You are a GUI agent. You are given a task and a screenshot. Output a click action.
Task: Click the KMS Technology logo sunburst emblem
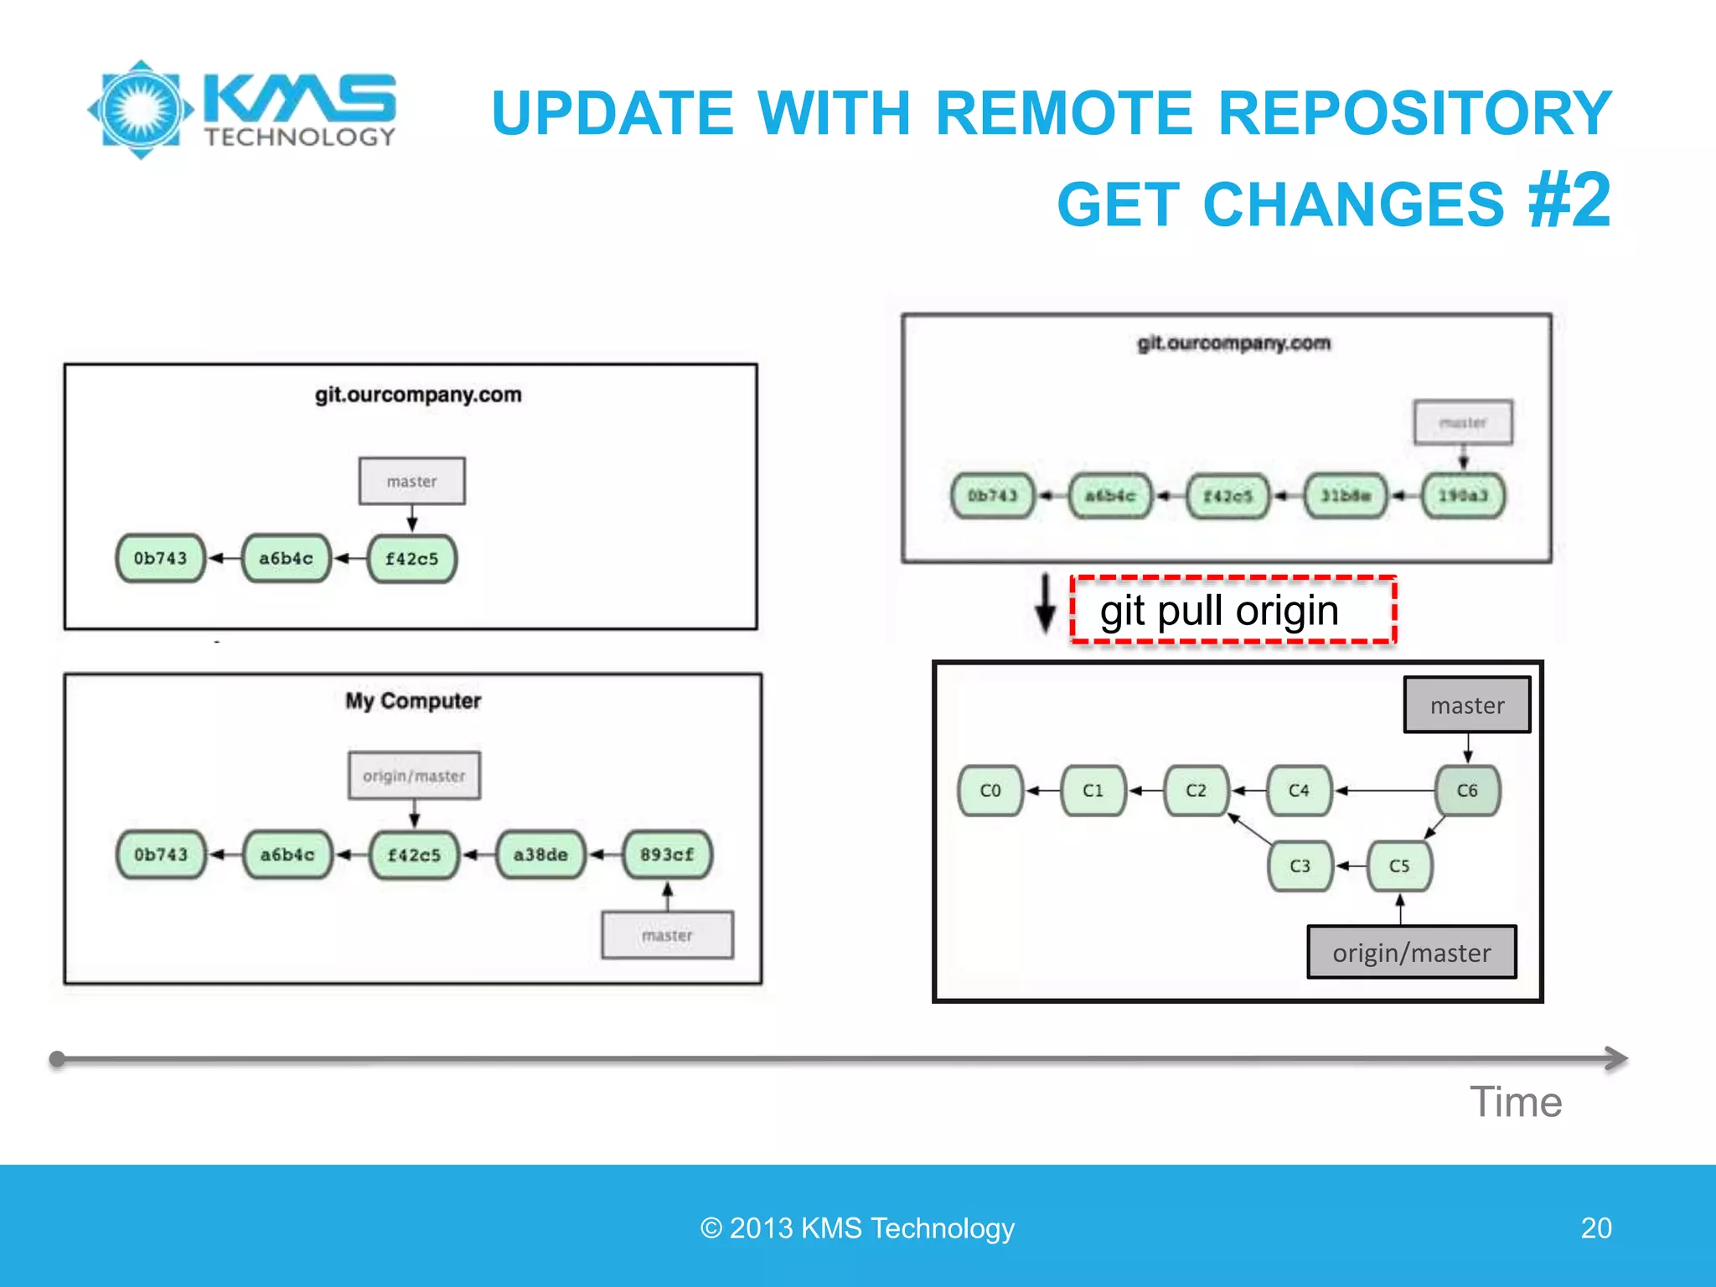[141, 110]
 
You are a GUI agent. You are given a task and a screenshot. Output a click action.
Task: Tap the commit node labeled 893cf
[667, 855]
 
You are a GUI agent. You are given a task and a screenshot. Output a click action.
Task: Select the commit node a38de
[540, 855]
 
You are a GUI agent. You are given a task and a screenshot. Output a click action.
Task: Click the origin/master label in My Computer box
[414, 776]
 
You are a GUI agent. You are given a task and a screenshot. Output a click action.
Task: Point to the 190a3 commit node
[1463, 496]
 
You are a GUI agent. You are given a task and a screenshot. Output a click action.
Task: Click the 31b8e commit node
[1346, 496]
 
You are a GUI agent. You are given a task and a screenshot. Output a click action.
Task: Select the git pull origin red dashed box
[1233, 611]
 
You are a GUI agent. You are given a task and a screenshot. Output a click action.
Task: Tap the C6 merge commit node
[1467, 790]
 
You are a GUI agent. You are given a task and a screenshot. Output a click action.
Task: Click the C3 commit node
[1300, 866]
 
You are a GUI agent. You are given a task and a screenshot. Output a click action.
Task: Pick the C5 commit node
[1399, 866]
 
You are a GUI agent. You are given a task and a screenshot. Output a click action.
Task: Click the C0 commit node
[990, 790]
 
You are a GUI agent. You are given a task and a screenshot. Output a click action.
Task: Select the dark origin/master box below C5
[1412, 953]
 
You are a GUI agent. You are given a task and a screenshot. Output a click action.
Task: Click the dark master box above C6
[1467, 706]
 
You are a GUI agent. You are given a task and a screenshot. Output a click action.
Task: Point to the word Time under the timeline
[1516, 1102]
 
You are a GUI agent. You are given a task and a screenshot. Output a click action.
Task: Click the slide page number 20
[1596, 1228]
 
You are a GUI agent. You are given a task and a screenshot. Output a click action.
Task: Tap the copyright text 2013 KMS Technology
[857, 1228]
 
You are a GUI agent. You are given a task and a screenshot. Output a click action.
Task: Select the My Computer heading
[413, 701]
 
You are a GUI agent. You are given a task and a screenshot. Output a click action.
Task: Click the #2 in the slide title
[1569, 200]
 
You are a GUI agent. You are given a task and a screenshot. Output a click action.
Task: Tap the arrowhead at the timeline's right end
[1617, 1058]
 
